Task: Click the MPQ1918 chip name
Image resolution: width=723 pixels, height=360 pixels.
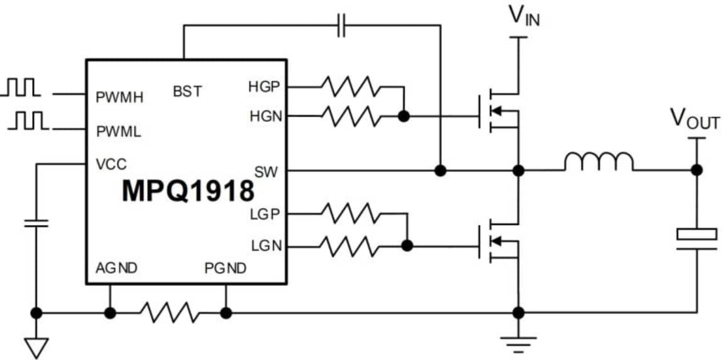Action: point(188,191)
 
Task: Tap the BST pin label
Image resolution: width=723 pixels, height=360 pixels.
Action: point(187,91)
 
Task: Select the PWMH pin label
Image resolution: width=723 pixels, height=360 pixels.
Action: point(119,97)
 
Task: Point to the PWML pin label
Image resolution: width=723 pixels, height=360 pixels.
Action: point(118,132)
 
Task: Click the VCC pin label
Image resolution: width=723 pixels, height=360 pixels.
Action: point(111,165)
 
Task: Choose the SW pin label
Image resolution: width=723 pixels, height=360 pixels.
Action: point(266,171)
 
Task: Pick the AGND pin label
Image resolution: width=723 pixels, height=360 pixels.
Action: point(116,268)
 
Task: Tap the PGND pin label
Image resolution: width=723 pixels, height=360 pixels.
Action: point(225,268)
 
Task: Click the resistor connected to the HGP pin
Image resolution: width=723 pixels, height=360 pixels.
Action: point(350,86)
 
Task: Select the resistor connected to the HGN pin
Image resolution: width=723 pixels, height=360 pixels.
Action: point(350,116)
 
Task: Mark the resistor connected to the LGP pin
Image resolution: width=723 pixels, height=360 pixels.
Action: point(350,214)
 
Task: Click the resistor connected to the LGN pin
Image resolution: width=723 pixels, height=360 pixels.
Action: point(350,246)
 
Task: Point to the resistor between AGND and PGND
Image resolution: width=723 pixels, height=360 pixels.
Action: point(167,312)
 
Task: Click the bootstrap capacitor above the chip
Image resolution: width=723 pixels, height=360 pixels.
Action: point(341,26)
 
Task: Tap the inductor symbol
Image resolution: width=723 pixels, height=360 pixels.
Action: point(599,163)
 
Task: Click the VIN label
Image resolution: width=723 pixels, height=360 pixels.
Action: point(524,15)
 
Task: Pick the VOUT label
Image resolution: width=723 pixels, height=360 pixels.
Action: point(695,119)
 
